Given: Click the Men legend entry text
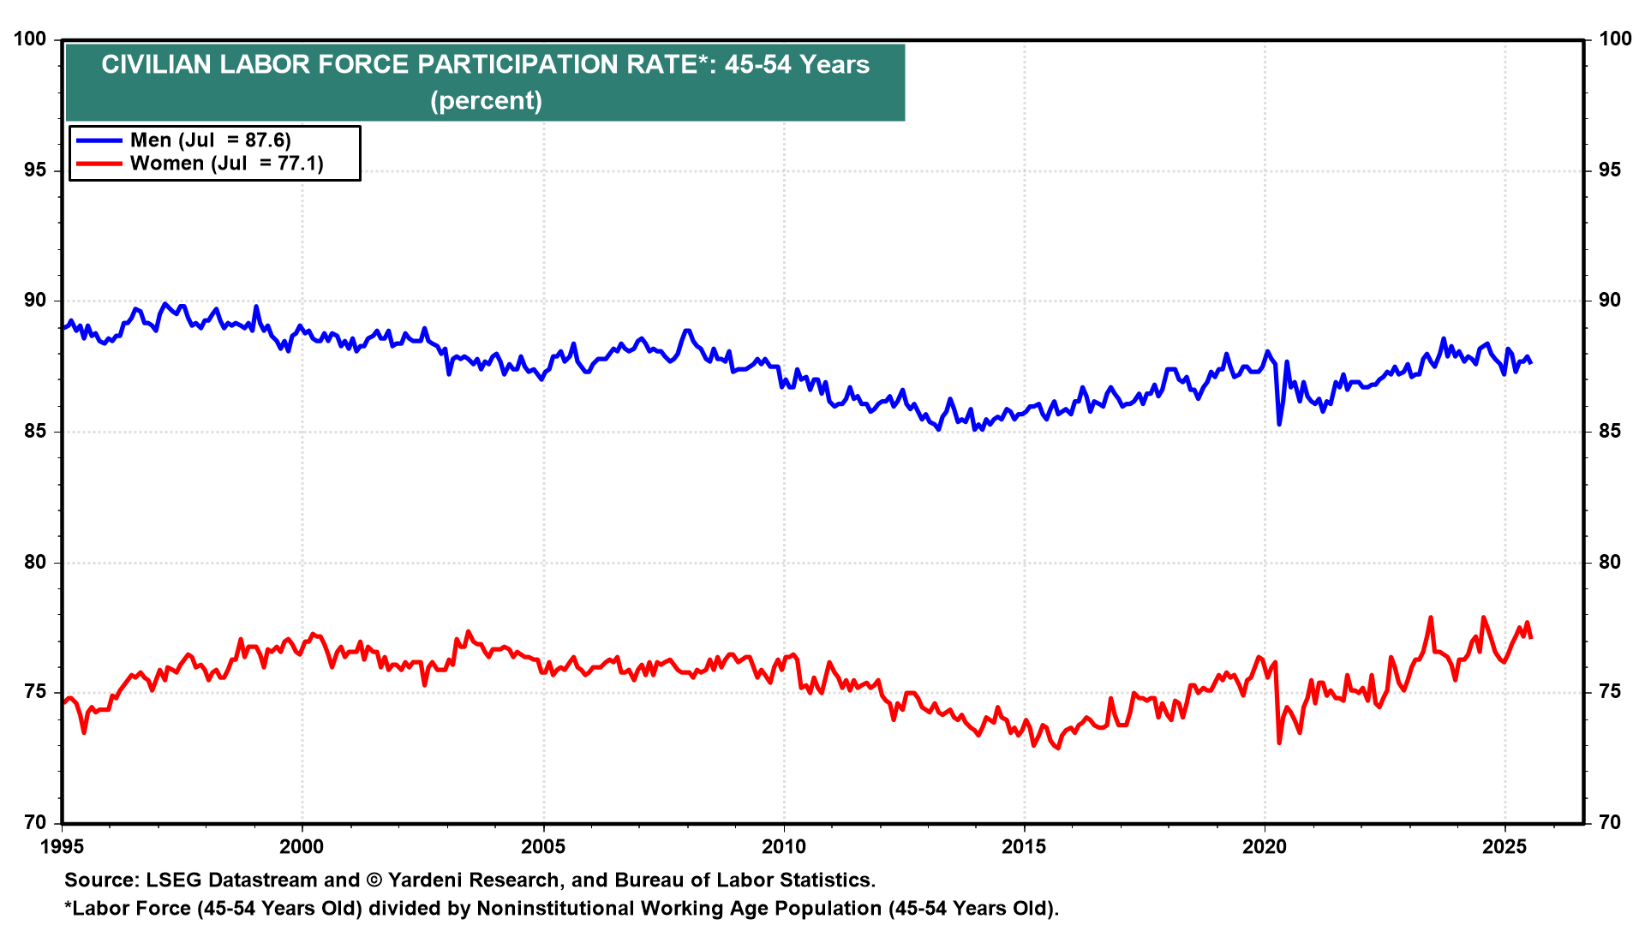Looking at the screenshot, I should (x=210, y=140).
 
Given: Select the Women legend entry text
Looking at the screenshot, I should (x=226, y=163).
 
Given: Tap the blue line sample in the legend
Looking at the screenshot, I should (x=99, y=140).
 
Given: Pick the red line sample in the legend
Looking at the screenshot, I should (x=99, y=163).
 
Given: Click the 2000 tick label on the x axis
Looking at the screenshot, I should (x=302, y=847).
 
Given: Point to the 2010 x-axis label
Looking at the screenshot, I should (x=783, y=847).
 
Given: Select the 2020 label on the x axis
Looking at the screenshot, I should (x=1265, y=847).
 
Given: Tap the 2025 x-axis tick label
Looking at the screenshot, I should (x=1504, y=847).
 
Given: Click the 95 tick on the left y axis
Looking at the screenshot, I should (x=32, y=170).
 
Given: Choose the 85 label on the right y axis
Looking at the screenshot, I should (x=1609, y=432).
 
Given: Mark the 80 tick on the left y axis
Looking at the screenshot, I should (x=32, y=563).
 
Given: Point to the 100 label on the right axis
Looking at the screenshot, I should (x=1614, y=39).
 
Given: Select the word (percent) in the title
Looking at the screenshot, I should (x=486, y=101).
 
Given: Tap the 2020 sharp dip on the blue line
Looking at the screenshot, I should (x=1279, y=424).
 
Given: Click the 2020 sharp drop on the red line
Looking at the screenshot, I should (x=1279, y=742).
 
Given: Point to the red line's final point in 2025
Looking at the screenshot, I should (x=1530, y=637).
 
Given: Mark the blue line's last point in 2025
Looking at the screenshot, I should (x=1530, y=363).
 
